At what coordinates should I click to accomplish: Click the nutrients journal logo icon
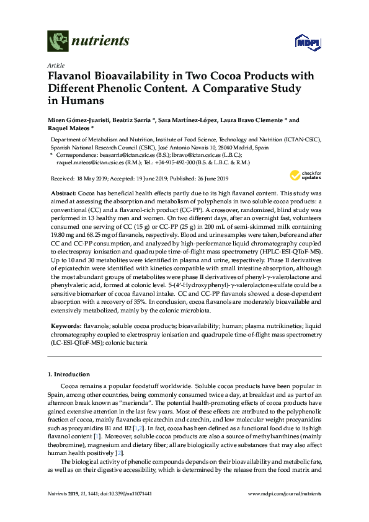(58, 42)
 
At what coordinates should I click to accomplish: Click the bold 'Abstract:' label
(63, 194)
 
